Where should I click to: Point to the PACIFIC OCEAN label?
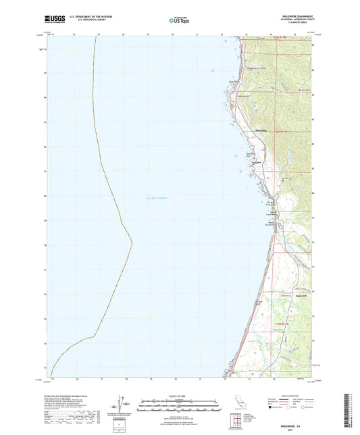pos(157,197)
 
